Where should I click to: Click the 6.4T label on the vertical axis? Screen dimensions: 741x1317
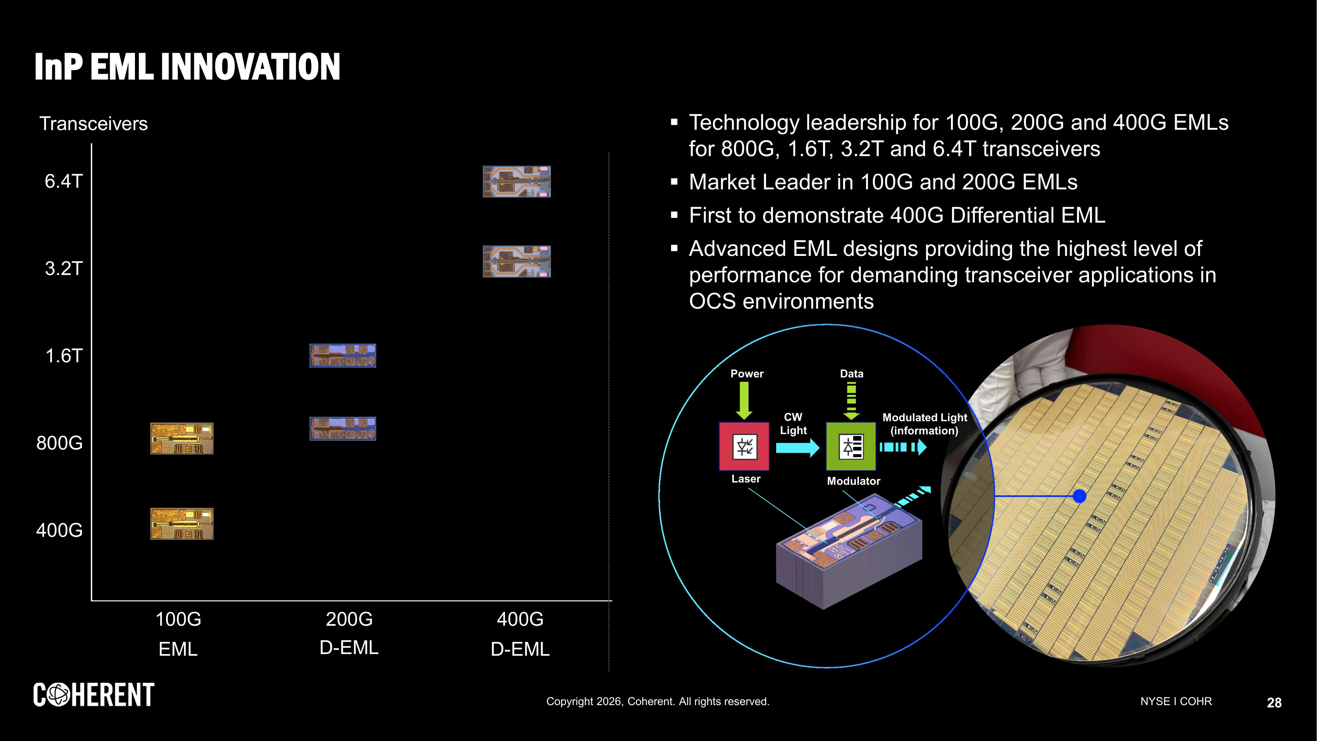64,181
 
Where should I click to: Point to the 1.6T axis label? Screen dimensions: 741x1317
64,356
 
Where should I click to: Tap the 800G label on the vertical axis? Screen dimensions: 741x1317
59,443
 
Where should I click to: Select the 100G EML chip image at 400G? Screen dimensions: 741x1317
181,524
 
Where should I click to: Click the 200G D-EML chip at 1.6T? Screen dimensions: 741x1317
343,355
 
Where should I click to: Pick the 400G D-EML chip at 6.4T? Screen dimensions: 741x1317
516,181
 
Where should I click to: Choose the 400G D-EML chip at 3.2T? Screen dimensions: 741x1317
516,261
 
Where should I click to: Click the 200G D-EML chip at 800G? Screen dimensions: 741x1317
343,428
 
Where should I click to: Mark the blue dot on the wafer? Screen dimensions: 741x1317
1079,496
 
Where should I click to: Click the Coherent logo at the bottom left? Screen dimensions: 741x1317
93,695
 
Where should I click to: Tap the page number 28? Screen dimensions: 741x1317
1274,703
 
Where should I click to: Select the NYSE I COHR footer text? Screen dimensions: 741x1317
1176,701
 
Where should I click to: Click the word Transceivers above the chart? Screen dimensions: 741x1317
93,124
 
